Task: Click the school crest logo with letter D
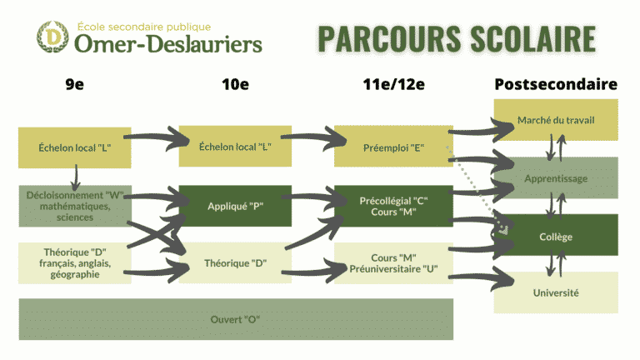pos(52,37)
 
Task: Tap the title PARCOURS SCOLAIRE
pos(457,39)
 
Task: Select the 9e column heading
pos(75,84)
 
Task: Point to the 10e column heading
pos(235,84)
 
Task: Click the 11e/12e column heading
pos(393,84)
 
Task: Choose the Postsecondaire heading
pos(556,84)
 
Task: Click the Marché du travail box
pos(556,120)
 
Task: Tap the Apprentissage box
pos(556,178)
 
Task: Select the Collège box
pos(556,237)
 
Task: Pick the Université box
pos(556,292)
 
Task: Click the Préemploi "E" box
pos(393,147)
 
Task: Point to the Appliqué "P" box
pos(235,206)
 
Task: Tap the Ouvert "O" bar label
pos(235,319)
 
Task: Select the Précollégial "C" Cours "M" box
pos(393,206)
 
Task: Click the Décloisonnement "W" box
pos(75,206)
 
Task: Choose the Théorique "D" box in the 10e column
pos(235,262)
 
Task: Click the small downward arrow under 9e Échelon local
pos(76,177)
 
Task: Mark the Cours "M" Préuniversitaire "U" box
pos(393,262)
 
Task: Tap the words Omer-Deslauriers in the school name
pos(168,43)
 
